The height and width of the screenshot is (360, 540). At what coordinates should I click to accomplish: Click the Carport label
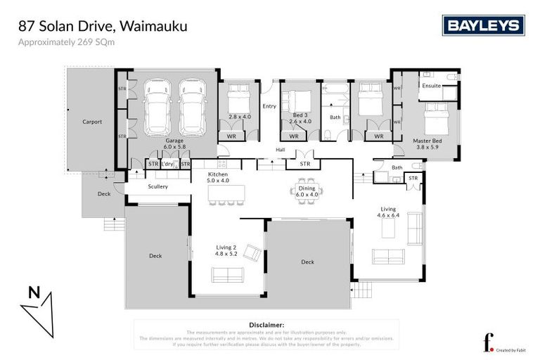pyautogui.click(x=92, y=122)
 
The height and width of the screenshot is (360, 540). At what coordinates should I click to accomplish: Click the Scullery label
pyautogui.click(x=158, y=186)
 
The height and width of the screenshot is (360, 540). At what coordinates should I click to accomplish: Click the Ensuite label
pyautogui.click(x=431, y=86)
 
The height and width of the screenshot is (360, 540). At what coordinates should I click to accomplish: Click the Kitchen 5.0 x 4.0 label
pyautogui.click(x=219, y=176)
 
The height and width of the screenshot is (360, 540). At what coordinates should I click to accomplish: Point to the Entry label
pyautogui.click(x=269, y=106)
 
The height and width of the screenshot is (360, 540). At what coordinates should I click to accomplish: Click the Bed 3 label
pyautogui.click(x=300, y=115)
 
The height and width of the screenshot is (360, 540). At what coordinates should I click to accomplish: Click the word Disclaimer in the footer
pyautogui.click(x=266, y=325)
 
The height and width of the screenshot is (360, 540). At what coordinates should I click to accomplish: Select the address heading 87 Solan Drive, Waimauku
pyautogui.click(x=103, y=27)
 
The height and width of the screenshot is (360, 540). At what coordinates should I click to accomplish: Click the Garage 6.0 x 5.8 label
pyautogui.click(x=174, y=144)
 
